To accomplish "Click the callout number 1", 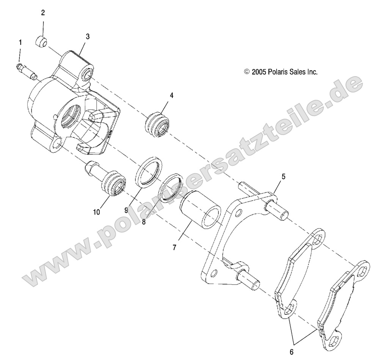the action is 20,42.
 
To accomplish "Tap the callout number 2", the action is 43,13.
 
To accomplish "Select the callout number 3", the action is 88,36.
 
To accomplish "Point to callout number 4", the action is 171,95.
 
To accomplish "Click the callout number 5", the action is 283,166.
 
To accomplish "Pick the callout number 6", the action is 291,352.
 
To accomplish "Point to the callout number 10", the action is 97,212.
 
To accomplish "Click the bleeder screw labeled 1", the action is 27,71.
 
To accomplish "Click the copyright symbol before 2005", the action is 247,71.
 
